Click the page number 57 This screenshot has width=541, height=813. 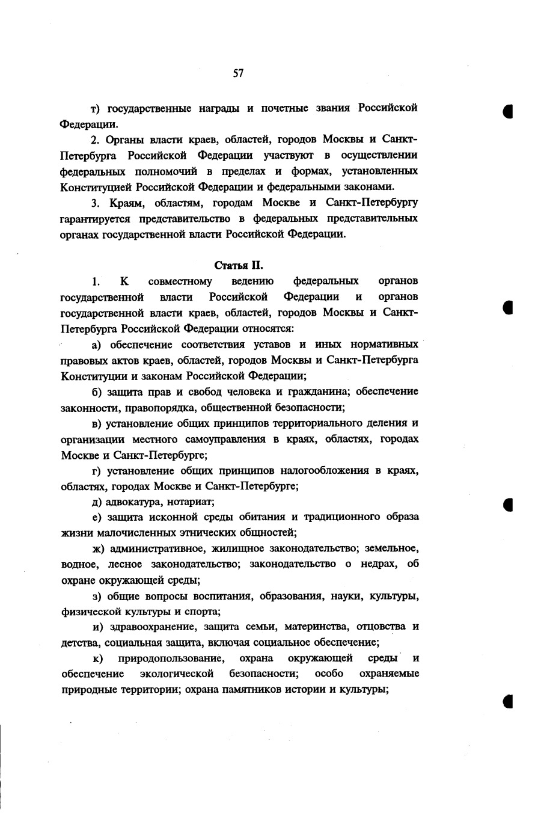238,73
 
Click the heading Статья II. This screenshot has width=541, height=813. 239,265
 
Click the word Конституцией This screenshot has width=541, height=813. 97,186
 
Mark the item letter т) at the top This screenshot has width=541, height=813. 96,108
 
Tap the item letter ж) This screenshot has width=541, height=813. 97,548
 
